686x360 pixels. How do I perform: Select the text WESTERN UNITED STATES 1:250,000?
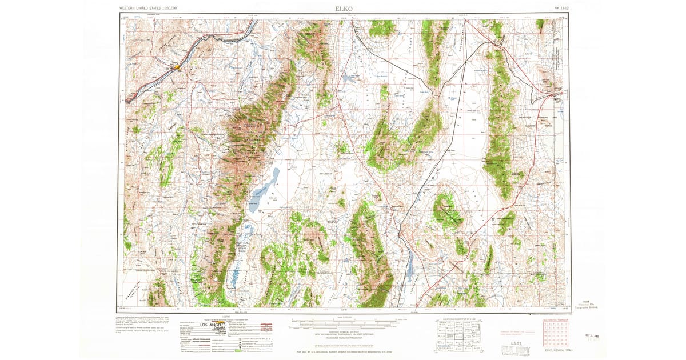click(x=148, y=9)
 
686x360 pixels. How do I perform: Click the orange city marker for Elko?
click(x=177, y=67)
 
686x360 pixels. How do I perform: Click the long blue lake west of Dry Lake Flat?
click(x=264, y=184)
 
